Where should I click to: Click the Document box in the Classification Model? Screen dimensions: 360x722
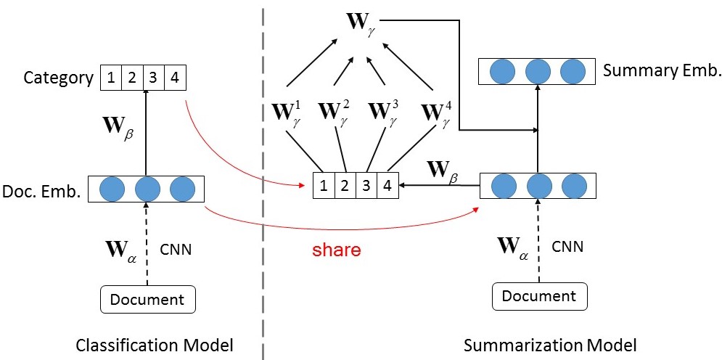coord(147,299)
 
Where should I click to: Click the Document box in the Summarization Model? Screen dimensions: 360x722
coord(539,296)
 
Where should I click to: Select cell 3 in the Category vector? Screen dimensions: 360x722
coord(154,78)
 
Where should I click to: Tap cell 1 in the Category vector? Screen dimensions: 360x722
coord(110,78)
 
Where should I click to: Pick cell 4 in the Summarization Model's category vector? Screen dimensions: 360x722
coord(387,186)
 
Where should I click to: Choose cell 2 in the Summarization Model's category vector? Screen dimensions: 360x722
coord(345,186)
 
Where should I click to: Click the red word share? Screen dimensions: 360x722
coord(337,250)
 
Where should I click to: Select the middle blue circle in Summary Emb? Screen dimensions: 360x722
coord(538,71)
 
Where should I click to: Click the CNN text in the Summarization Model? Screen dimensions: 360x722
coord(567,247)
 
